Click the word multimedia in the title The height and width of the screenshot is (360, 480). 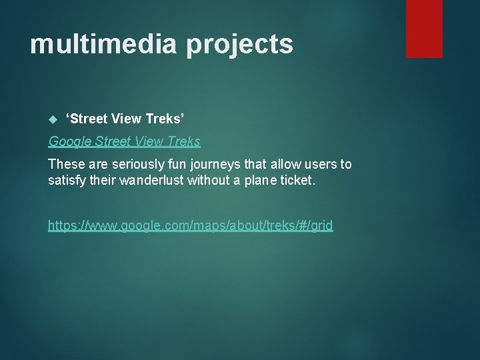(x=103, y=45)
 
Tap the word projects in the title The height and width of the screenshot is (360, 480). (x=239, y=45)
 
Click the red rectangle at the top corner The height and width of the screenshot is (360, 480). (x=424, y=28)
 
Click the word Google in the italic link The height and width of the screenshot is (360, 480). (x=71, y=141)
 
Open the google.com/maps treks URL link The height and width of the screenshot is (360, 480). (x=190, y=225)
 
